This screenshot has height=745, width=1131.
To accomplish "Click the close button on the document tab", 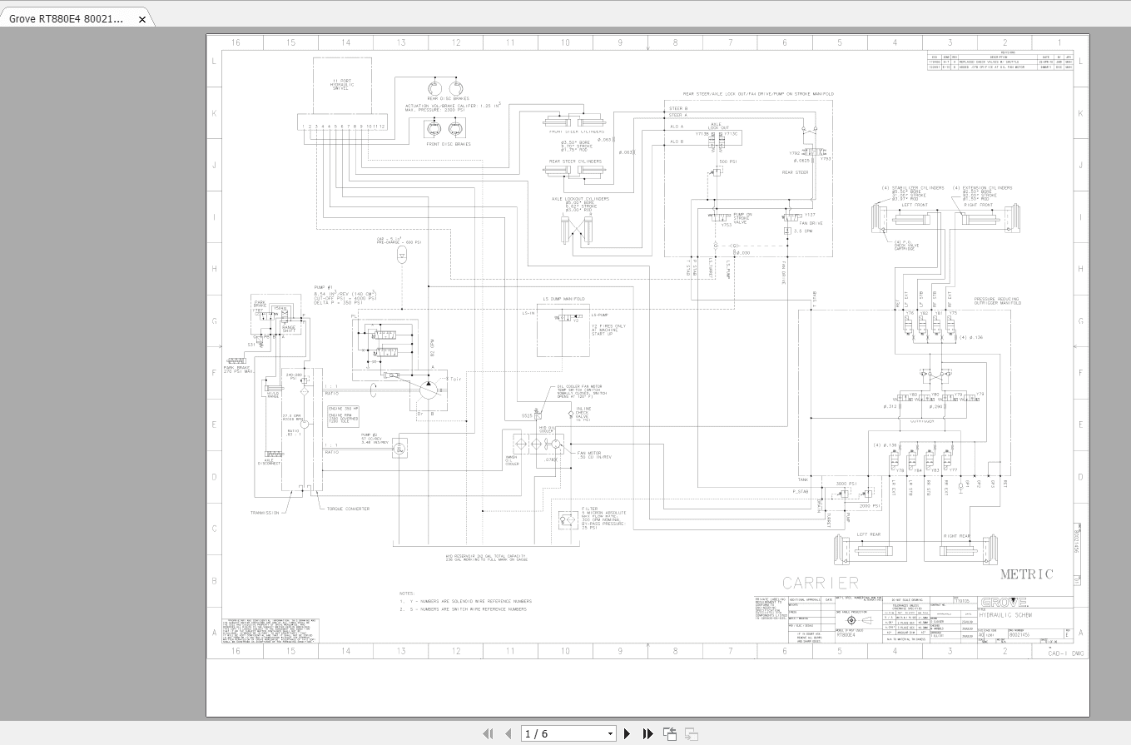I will (x=142, y=19).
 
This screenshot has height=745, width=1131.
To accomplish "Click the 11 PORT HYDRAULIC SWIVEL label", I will (x=342, y=84).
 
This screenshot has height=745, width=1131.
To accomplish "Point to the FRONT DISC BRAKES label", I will (x=449, y=144).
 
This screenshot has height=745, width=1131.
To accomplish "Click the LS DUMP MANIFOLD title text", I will (x=563, y=298).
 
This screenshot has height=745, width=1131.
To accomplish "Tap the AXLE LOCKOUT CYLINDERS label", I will (x=580, y=199).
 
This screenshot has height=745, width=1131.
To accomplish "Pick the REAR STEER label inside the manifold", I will (x=795, y=172).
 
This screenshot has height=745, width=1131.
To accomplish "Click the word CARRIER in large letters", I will (x=820, y=582).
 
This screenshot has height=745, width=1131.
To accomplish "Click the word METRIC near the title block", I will (x=1026, y=574).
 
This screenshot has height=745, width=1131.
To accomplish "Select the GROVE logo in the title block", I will (x=1004, y=603).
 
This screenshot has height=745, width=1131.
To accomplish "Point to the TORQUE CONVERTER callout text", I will (x=348, y=509).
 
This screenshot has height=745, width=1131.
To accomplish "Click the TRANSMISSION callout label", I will (x=265, y=513).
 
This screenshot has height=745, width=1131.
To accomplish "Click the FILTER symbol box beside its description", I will (x=569, y=520).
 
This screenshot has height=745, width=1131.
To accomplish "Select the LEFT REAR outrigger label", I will (x=868, y=534).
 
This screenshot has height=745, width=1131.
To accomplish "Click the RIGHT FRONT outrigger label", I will (x=978, y=205).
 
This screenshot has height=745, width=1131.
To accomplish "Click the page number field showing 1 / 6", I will (x=568, y=733).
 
